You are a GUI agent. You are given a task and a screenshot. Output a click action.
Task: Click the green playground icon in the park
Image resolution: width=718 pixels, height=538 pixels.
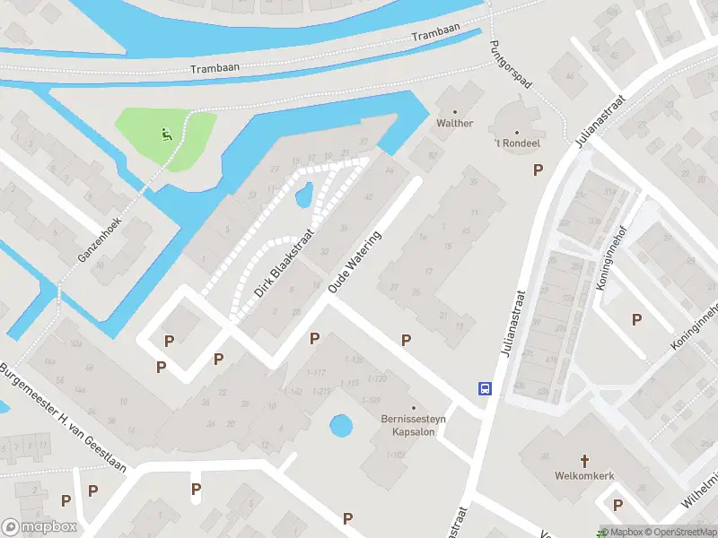(x=166, y=136)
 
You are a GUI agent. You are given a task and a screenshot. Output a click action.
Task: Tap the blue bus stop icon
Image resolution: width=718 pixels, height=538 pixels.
(x=485, y=388)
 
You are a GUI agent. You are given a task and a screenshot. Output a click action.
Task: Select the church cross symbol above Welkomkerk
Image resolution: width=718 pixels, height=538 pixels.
(x=585, y=461)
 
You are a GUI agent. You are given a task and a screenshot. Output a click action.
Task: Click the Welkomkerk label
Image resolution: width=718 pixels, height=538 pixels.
(x=585, y=476)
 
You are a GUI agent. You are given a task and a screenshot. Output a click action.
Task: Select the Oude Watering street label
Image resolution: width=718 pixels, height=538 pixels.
(x=355, y=262)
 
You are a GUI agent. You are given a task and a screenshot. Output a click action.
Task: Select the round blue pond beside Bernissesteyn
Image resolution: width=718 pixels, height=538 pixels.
(x=341, y=425)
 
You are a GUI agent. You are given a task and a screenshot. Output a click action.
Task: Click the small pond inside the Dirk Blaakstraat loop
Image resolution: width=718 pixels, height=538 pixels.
(x=303, y=194)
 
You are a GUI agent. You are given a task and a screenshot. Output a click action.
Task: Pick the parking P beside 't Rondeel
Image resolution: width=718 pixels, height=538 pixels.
(x=538, y=170)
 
